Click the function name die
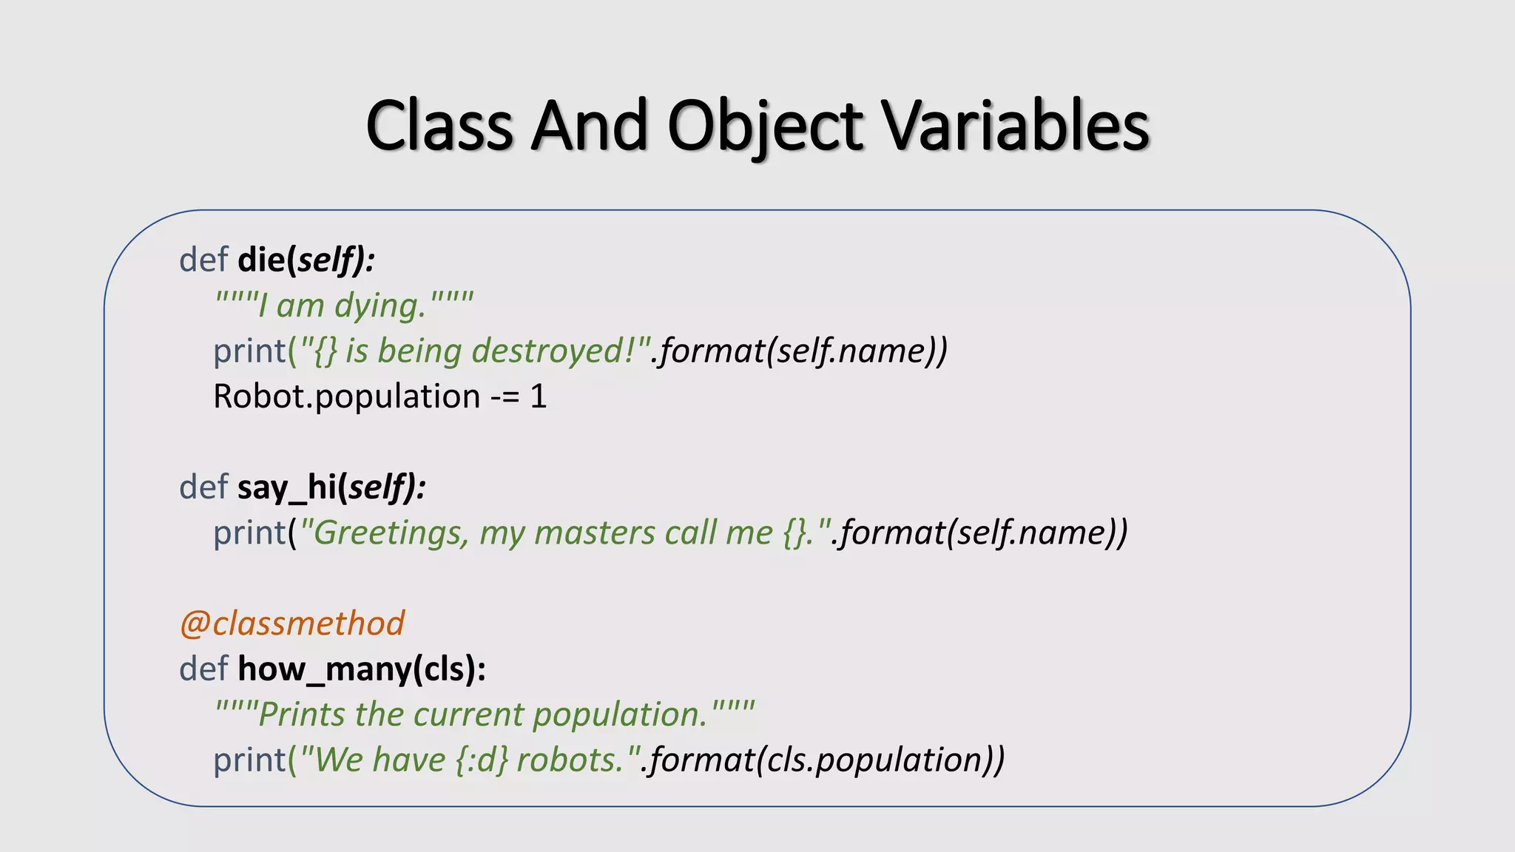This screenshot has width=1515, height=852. pos(261,260)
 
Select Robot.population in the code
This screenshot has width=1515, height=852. pos(346,397)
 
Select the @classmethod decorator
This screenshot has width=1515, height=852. pos(292,623)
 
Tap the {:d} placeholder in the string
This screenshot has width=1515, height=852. pos(482,760)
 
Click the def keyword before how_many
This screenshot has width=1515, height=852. pos(203,669)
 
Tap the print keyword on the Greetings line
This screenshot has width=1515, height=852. pos(249,533)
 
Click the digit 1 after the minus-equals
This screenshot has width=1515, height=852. pos(538,397)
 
